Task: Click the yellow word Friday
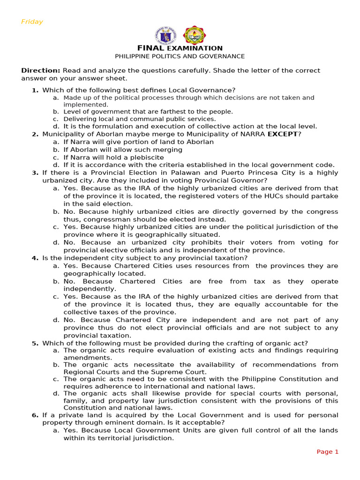coord(32,22)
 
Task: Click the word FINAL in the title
coord(150,48)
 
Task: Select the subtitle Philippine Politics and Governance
coord(180,56)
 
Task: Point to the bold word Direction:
coord(41,71)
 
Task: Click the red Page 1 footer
coord(327,452)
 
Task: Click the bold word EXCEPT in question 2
coord(283,135)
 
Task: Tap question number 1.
coord(35,90)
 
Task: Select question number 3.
coord(35,173)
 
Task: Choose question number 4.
coord(35,258)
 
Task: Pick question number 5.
coord(35,343)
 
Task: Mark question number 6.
coord(35,415)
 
